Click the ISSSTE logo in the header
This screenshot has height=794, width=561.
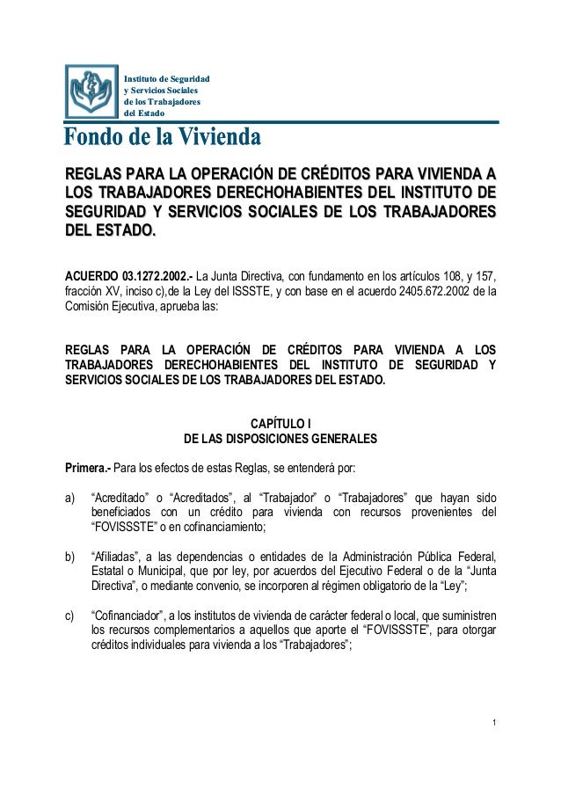[91, 91]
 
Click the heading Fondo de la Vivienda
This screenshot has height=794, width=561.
[162, 138]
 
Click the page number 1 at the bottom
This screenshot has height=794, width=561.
[494, 724]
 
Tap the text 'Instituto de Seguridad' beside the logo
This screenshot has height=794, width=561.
[167, 80]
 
